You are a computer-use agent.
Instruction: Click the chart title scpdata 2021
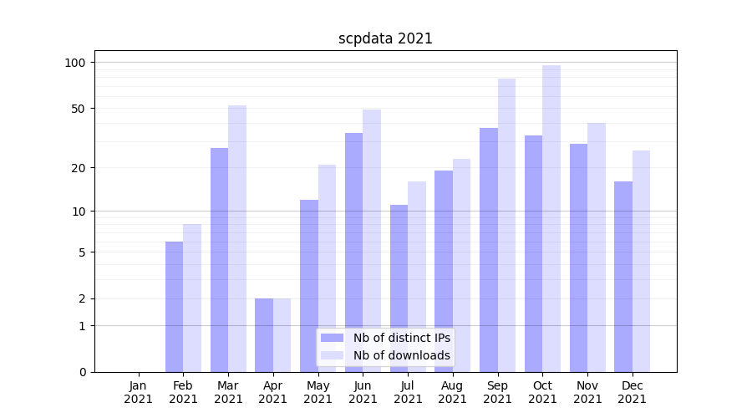(385, 38)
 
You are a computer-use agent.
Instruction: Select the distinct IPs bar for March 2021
(219, 259)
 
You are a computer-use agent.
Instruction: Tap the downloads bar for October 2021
(551, 217)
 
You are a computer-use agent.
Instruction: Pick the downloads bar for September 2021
(506, 226)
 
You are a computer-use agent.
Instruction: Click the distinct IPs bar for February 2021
(174, 306)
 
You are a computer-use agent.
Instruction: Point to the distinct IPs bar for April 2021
(264, 334)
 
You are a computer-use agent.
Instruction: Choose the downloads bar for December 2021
(641, 261)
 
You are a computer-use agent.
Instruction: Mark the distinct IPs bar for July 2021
(399, 288)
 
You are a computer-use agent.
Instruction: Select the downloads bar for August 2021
(461, 265)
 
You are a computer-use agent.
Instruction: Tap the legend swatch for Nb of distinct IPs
(333, 338)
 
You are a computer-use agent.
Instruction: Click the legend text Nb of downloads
(402, 355)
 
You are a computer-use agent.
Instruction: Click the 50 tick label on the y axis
(79, 109)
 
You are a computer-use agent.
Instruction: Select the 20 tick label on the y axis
(79, 168)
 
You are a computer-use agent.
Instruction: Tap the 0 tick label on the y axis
(82, 372)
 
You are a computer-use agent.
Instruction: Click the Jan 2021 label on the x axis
(139, 392)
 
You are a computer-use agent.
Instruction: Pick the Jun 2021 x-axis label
(363, 392)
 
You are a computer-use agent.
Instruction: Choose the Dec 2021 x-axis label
(632, 392)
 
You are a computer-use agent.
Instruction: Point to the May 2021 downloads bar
(327, 268)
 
